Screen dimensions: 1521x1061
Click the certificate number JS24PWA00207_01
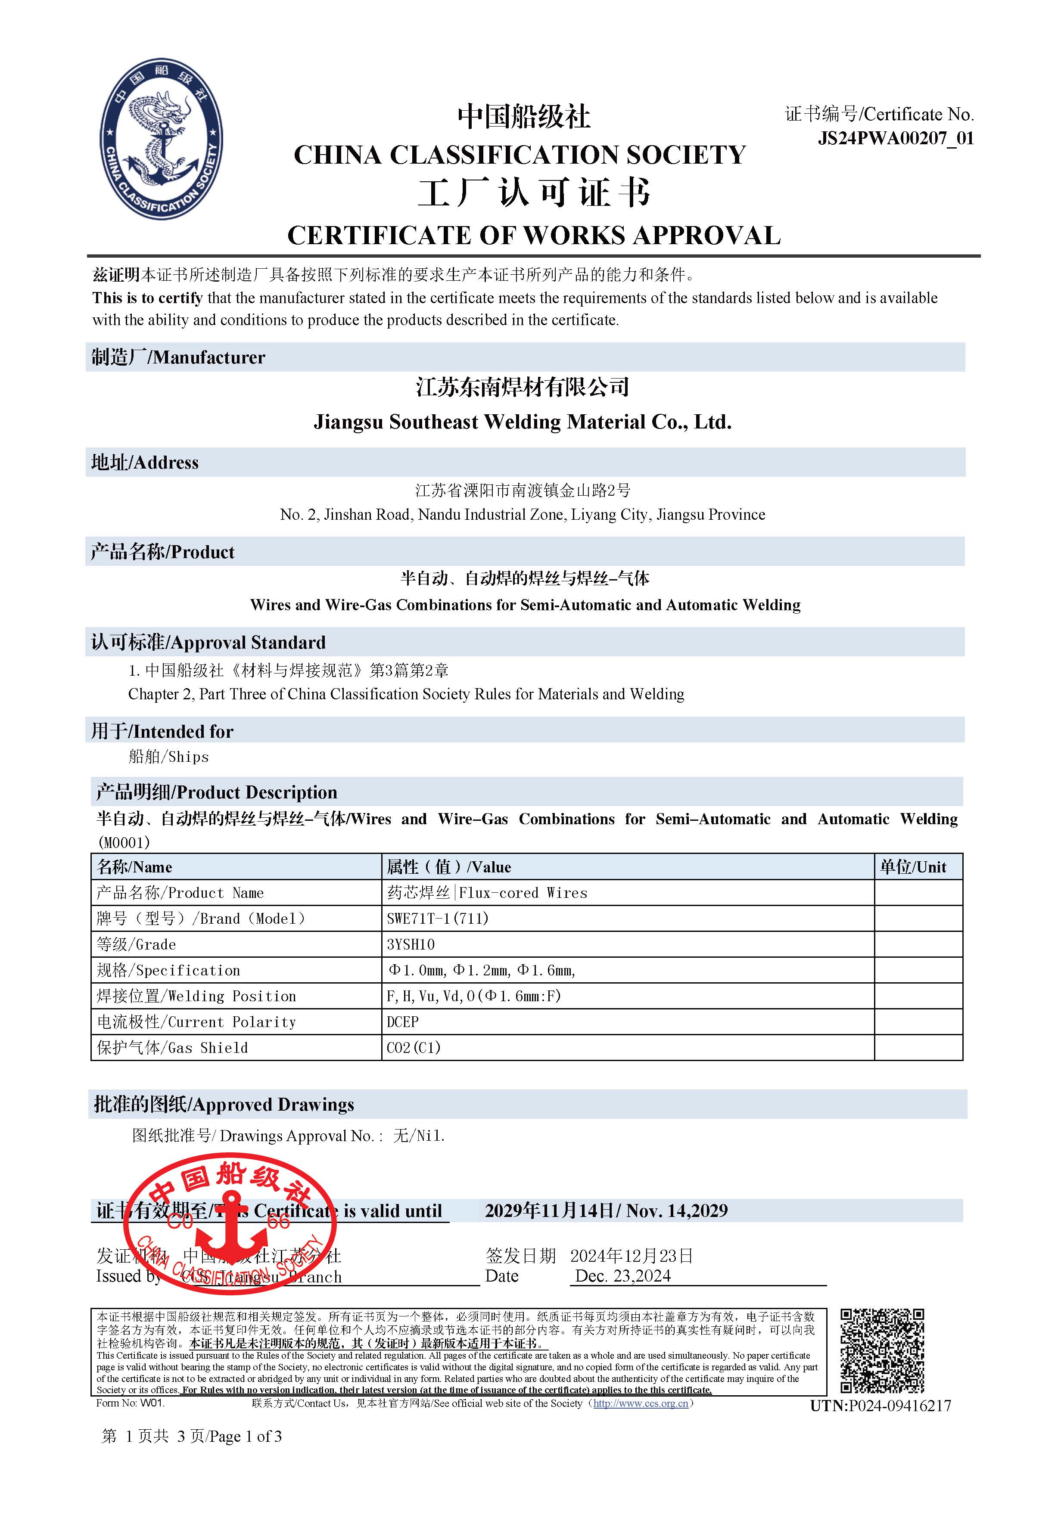pos(895,139)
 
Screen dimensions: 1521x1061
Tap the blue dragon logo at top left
pos(161,139)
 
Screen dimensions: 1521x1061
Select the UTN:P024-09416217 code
pos(880,1406)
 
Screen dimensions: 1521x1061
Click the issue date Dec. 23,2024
pos(622,1276)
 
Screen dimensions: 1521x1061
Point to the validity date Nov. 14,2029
pos(677,1211)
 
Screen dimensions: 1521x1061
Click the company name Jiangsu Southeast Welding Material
pos(522,422)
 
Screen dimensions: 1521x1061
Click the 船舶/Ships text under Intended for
pos(168,757)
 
